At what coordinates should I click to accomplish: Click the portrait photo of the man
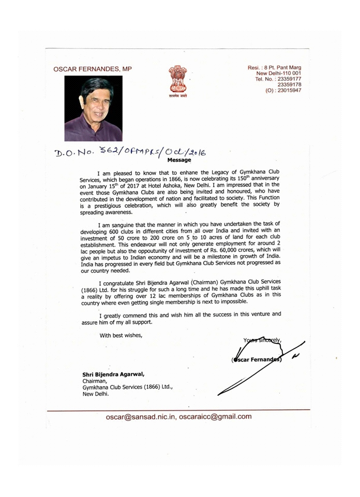[94, 108]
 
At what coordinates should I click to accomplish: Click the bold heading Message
[179, 160]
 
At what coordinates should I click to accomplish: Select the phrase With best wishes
[121, 335]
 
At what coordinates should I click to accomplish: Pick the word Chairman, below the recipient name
[94, 381]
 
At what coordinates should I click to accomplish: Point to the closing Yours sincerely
[262, 339]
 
